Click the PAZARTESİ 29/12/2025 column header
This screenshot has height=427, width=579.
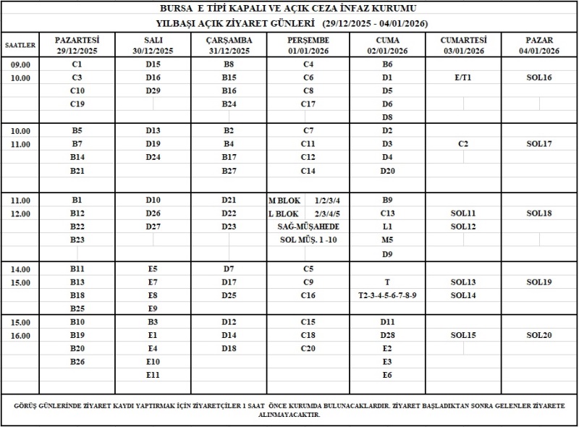(77, 44)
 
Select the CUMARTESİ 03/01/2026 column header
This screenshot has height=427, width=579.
(463, 44)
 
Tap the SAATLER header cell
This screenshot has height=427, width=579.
(20, 44)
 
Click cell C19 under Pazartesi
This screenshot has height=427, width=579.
(77, 103)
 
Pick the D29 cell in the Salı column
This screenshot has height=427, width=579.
(153, 90)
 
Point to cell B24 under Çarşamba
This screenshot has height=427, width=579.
(229, 103)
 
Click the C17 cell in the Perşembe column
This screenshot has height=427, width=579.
(308, 103)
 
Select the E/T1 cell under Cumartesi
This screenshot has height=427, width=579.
(463, 77)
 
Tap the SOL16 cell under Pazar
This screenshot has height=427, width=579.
(539, 77)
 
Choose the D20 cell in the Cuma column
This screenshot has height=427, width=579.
(387, 171)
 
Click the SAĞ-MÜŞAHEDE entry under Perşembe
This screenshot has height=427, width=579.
(308, 227)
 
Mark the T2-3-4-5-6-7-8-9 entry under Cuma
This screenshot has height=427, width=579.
(387, 295)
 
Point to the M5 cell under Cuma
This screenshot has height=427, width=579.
(387, 240)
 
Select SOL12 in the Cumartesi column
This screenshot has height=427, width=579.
(463, 227)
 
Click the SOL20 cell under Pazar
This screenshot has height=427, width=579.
(539, 335)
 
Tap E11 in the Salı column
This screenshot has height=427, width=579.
(153, 375)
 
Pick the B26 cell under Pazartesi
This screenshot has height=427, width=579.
(77, 362)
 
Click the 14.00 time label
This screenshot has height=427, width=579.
(20, 269)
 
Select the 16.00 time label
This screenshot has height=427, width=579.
(20, 336)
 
